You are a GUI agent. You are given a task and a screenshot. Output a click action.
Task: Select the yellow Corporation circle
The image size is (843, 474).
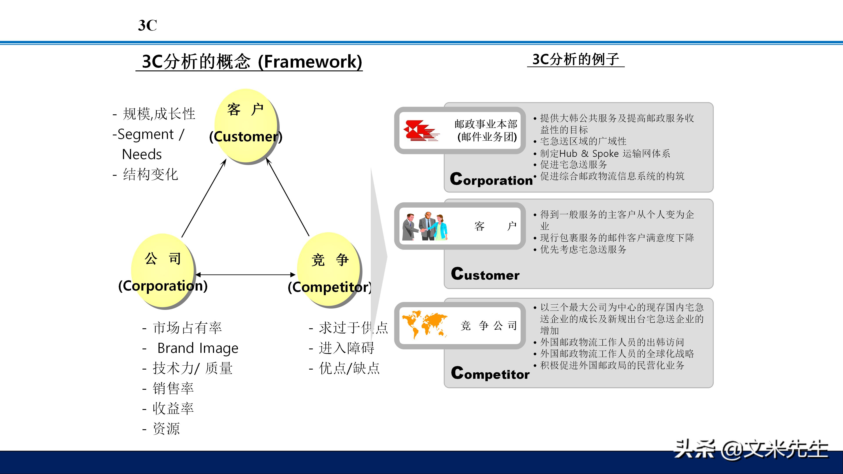tap(163, 271)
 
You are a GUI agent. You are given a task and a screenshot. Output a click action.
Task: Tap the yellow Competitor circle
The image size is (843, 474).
tap(329, 270)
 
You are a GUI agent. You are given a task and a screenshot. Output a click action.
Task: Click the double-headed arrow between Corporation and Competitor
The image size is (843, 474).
tap(245, 275)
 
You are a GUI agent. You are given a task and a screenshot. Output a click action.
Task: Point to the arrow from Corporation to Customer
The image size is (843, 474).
tap(204, 198)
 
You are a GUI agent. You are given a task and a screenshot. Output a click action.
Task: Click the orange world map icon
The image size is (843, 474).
tap(424, 324)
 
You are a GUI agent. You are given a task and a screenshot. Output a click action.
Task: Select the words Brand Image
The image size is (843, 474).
tap(198, 348)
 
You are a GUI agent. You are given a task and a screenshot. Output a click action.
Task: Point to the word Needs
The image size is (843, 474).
tap(142, 154)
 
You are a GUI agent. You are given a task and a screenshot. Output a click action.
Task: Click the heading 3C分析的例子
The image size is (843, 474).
tap(576, 59)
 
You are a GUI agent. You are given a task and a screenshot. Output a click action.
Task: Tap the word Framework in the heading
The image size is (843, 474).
tap(310, 61)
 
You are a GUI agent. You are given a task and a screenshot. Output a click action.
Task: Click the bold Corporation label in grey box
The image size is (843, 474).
tap(491, 179)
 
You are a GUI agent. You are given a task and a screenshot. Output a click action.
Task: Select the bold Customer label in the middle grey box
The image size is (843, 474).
tap(485, 274)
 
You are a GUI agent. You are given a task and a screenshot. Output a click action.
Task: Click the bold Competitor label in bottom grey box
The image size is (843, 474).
tap(490, 373)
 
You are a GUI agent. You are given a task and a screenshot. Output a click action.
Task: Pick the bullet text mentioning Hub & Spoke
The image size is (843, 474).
tap(605, 153)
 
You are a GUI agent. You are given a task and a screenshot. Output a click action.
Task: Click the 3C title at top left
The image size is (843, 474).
tap(147, 25)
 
